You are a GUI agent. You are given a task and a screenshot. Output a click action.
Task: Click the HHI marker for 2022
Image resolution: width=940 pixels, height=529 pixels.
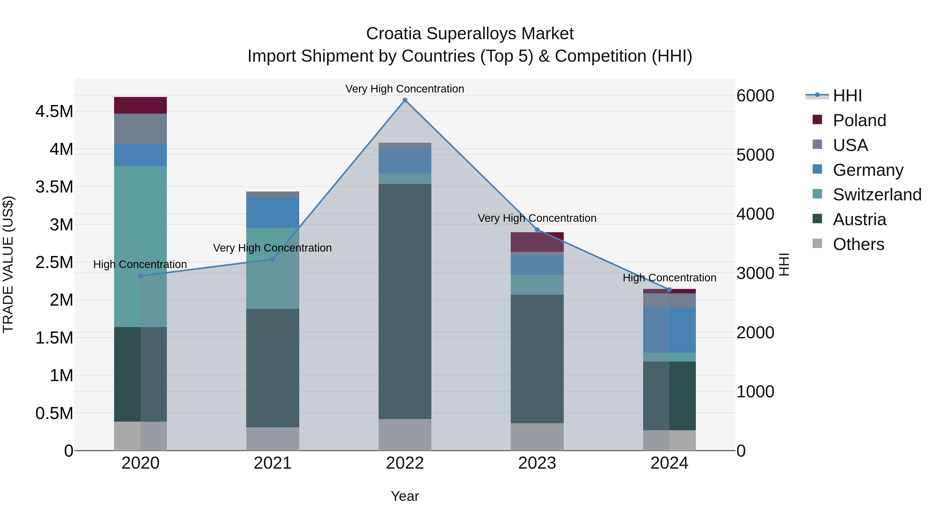tap(405, 100)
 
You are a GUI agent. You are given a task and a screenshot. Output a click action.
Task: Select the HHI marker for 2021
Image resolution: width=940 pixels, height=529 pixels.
tap(273, 259)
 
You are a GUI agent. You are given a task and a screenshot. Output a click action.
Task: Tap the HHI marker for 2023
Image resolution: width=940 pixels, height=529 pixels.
tap(537, 230)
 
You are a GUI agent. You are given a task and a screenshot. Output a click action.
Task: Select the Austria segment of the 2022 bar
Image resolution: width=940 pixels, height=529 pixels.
tap(405, 301)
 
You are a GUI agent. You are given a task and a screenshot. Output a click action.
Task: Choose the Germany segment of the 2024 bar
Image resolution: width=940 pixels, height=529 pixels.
tap(669, 330)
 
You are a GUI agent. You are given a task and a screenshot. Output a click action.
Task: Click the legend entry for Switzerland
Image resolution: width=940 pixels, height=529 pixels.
tap(877, 195)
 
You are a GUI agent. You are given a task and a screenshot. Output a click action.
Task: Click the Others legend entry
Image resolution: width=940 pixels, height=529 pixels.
tap(858, 244)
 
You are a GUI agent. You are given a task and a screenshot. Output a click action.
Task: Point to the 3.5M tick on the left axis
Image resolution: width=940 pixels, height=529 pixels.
tap(54, 187)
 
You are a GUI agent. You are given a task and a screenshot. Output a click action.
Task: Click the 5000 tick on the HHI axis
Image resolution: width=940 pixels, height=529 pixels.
tap(755, 155)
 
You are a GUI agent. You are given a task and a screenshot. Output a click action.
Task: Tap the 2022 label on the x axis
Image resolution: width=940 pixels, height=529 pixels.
tap(405, 463)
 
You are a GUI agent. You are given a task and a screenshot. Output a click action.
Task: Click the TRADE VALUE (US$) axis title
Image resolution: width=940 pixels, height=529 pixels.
tap(8, 264)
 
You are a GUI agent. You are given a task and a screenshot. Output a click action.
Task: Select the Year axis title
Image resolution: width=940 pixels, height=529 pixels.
tap(405, 496)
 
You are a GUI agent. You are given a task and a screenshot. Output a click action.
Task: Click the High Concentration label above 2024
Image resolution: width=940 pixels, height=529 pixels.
tap(669, 278)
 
